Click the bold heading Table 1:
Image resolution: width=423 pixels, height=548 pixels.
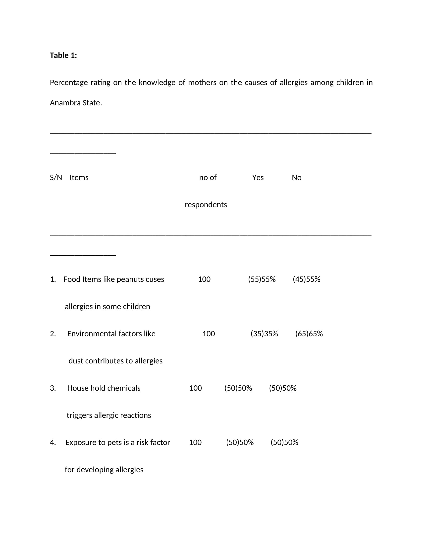(63, 55)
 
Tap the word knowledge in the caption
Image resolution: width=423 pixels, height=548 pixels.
(157, 82)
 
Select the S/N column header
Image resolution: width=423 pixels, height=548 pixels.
(56, 178)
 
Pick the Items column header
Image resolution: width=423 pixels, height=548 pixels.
(79, 178)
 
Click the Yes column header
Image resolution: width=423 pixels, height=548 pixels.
(258, 178)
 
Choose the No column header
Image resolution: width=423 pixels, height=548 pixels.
(296, 178)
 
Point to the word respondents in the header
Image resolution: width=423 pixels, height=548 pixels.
(206, 205)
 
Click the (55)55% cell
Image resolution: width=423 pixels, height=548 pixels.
(262, 279)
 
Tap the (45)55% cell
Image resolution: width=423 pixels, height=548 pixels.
(307, 279)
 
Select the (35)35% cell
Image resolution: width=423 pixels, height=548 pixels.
(264, 334)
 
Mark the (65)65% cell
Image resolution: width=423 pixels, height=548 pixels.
(309, 334)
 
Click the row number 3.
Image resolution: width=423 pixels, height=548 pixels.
(53, 388)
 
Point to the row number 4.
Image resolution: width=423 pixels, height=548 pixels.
(53, 442)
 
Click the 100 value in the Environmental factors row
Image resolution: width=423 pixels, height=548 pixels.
(209, 334)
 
